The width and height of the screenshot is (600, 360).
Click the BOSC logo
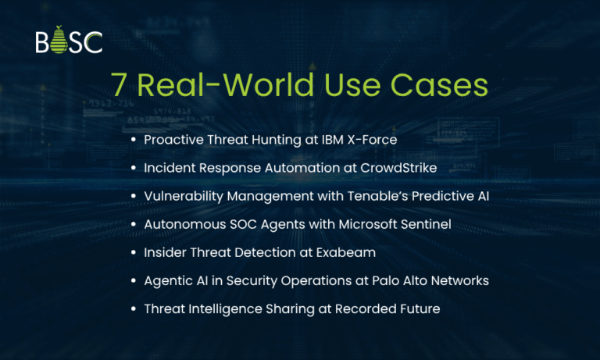point(69,42)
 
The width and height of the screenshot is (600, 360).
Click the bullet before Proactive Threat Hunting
point(134,139)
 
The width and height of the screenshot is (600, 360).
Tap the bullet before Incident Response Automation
point(134,167)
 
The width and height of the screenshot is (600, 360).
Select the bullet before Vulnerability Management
point(134,196)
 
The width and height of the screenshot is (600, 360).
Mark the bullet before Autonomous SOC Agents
point(134,224)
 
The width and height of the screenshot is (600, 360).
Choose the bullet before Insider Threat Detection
point(134,252)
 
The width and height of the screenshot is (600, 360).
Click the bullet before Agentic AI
point(134,280)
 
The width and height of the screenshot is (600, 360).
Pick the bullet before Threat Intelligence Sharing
point(134,309)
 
